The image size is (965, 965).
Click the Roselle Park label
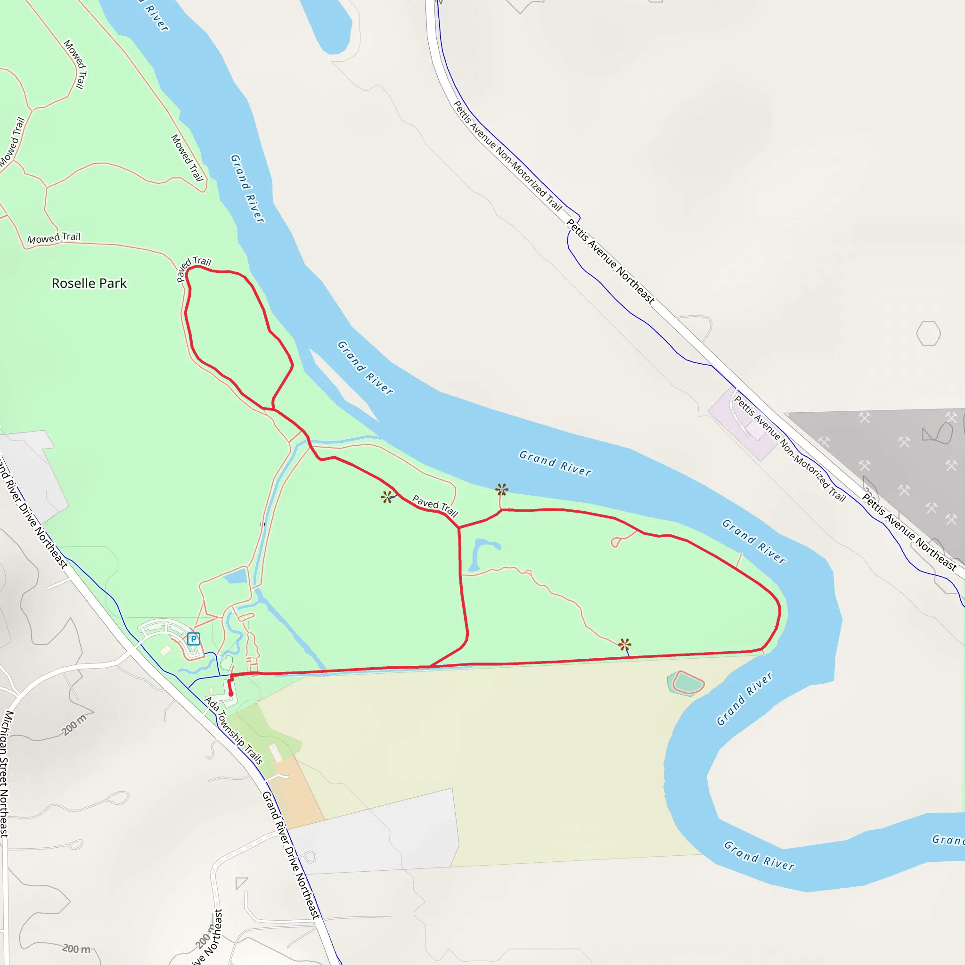click(89, 283)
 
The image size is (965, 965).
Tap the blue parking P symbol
click(193, 638)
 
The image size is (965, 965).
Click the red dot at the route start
click(231, 694)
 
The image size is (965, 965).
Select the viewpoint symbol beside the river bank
click(501, 490)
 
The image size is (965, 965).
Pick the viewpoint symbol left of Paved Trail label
click(386, 497)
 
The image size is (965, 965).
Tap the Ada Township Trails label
click(234, 731)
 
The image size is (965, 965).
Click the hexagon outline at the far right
click(929, 333)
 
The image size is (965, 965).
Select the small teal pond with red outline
click(687, 682)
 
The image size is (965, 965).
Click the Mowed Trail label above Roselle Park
click(53, 238)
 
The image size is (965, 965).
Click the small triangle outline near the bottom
click(241, 883)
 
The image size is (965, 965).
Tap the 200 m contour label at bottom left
click(76, 948)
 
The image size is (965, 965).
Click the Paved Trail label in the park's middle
click(434, 506)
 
